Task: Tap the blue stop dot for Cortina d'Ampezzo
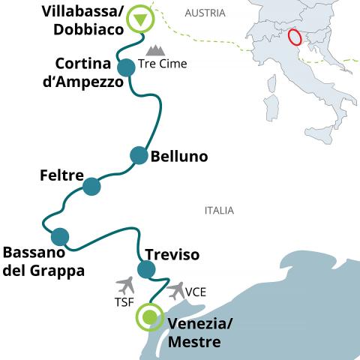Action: point(126,67)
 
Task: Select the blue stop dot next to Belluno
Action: point(139,155)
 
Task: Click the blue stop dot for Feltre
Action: point(91,187)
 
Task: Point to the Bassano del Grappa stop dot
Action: point(60,237)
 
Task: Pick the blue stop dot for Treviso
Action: point(146,269)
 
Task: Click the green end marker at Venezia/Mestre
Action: point(150,317)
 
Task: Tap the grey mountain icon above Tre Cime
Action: point(155,50)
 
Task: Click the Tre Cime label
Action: point(163,64)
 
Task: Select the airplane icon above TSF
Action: point(125,286)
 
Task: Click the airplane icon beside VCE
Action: point(176,290)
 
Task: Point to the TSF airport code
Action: point(124,302)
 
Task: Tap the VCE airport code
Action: point(196,292)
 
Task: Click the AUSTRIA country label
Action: point(205,13)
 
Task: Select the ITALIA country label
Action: point(219,211)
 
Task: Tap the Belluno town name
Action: point(179,157)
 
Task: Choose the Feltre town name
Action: point(61,175)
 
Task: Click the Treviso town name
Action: point(172,254)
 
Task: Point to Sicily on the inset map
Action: point(321,134)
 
